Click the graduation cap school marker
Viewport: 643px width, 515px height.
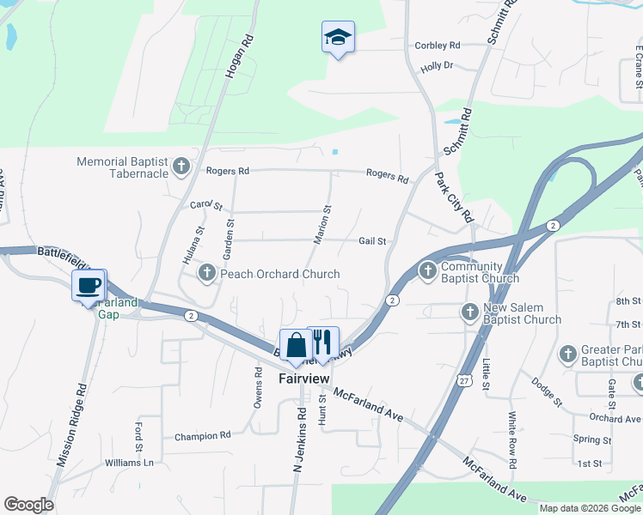click(338, 37)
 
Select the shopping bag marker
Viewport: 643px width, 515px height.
click(296, 345)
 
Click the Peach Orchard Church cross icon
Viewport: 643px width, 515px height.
click(206, 274)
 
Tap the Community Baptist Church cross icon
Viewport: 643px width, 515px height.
click(427, 272)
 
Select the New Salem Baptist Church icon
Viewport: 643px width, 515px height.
click(469, 312)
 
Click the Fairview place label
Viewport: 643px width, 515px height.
click(303, 378)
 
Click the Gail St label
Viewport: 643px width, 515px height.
click(372, 242)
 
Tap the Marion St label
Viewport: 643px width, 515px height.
click(322, 225)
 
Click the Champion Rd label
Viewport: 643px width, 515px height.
click(203, 436)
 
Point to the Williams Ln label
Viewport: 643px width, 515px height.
click(130, 463)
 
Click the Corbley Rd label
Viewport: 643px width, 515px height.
click(438, 45)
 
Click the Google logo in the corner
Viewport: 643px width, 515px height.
click(28, 505)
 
